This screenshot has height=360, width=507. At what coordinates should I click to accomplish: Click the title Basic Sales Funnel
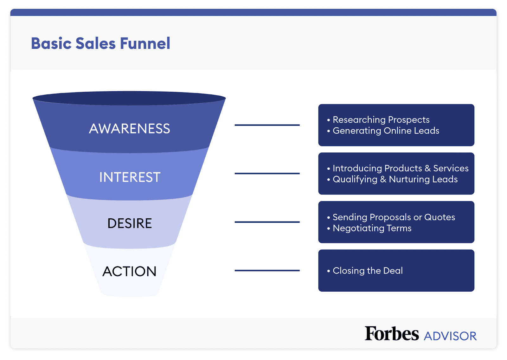pos(100,43)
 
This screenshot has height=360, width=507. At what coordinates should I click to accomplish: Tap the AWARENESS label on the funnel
pos(129,129)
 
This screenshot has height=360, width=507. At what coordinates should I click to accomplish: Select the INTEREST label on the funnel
pos(130,177)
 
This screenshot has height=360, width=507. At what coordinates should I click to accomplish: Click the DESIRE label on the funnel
pos(130,223)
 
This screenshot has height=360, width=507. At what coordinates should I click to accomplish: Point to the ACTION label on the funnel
pos(129,271)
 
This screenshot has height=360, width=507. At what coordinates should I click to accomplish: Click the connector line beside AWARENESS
pos(267,125)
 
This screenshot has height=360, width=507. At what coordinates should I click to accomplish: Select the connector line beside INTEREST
pos(267,174)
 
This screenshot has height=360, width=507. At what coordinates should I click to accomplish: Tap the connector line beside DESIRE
pos(267,222)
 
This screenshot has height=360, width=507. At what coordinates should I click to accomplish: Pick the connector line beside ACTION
pos(267,271)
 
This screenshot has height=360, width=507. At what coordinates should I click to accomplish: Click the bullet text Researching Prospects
pos(381,120)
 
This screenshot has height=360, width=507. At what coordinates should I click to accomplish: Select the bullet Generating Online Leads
pos(386,131)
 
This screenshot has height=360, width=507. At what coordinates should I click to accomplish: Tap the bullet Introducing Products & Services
pos(400,168)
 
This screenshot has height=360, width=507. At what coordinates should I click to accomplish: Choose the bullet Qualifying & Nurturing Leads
pos(395,179)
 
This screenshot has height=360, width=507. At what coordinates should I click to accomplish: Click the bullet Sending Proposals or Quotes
pos(394,217)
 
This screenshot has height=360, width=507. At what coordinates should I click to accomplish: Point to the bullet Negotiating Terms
pos(372,228)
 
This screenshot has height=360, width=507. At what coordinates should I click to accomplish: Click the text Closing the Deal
pos(368,271)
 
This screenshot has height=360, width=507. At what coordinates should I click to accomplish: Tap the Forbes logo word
pos(392,334)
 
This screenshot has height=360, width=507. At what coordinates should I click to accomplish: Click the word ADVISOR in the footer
pos(450,336)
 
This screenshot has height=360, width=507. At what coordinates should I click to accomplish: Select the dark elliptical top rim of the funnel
pos(129,98)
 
